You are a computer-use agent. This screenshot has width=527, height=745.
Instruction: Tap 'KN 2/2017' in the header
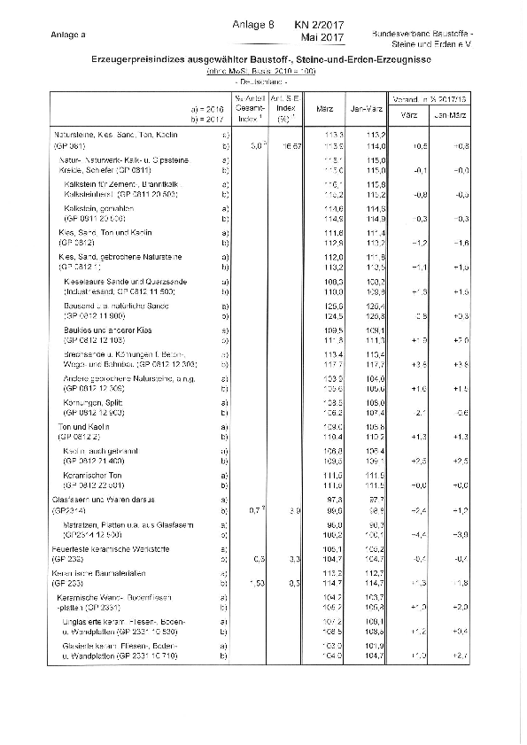[x=320, y=27]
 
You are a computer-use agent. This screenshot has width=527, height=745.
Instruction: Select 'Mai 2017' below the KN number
[x=322, y=38]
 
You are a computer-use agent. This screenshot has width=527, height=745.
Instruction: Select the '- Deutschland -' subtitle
[x=261, y=80]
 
